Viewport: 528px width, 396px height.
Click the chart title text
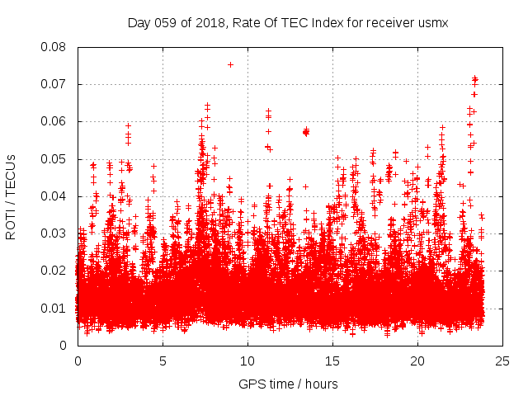(288, 23)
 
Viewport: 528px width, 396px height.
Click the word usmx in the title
(432, 23)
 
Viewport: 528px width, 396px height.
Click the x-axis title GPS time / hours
(288, 384)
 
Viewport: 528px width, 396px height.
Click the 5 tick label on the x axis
(163, 361)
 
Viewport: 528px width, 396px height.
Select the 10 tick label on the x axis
(247, 361)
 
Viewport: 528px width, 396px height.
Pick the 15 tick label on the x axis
(332, 361)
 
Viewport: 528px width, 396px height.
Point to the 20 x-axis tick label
(417, 361)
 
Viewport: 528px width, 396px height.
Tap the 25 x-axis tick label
(502, 361)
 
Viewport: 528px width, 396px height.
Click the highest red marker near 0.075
(230, 64)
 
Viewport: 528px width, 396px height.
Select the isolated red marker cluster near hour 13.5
(306, 131)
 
